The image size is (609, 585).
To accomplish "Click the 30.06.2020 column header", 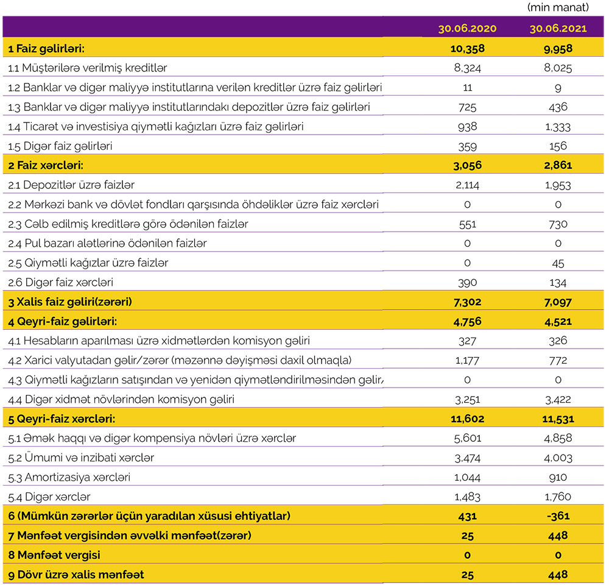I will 467,29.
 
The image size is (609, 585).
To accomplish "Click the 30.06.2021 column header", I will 558,29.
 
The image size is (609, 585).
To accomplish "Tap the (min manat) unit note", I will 558,7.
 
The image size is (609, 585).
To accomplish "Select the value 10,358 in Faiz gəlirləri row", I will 467,48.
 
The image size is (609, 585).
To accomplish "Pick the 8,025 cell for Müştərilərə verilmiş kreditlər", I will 558,68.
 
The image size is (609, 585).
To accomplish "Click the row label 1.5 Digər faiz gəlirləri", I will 60,146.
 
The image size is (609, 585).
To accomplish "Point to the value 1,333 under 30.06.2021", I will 558,127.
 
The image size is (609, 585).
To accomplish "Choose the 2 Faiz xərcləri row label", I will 46,165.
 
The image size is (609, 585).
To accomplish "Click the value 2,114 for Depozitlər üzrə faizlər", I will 467,185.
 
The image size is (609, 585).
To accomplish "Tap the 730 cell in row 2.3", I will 558,224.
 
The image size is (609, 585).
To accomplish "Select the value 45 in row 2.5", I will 558,263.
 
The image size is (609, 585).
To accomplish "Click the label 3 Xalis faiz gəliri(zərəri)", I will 70,302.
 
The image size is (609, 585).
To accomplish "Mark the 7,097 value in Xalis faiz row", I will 558,302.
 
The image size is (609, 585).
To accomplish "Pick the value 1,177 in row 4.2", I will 467,360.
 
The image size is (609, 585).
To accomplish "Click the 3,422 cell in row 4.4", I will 558,400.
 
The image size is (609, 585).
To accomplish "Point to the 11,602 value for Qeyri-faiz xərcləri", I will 467,419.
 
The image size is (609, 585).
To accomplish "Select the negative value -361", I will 558,516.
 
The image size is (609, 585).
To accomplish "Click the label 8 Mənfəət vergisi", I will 54,555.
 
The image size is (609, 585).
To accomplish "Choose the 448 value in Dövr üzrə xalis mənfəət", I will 558,575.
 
